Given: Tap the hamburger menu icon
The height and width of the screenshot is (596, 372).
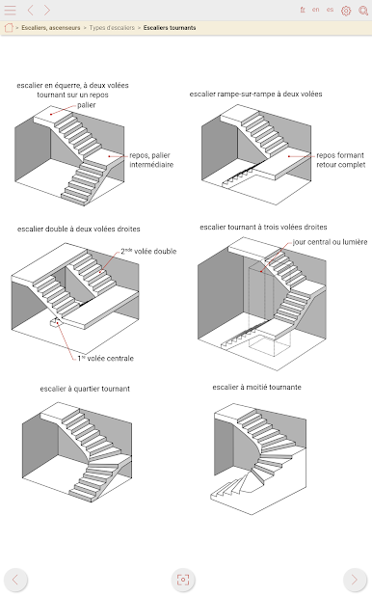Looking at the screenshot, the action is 10,11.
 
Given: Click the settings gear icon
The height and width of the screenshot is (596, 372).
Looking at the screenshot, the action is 346,11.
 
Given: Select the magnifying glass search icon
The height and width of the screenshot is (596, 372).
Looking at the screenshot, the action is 363,11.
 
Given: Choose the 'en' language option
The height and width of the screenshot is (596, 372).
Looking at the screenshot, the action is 316,10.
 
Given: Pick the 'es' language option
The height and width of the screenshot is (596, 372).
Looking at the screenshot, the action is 330,10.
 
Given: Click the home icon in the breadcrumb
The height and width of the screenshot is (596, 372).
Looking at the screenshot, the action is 9,27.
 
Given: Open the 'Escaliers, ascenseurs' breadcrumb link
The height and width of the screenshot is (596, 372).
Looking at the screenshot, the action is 51,28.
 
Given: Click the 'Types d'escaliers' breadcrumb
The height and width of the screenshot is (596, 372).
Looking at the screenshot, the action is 112,28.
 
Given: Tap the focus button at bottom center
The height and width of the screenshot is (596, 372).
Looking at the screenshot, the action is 183,580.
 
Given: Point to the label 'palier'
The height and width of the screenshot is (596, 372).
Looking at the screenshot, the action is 87,105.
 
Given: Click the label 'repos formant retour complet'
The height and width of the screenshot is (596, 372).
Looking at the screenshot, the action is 341,160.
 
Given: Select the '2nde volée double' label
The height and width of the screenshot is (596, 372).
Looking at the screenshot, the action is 148,252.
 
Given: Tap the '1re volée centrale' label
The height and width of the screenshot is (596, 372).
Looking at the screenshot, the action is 106,358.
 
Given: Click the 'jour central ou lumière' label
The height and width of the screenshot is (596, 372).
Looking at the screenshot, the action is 330,242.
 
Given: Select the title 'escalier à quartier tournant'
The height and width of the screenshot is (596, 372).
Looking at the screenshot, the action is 85,389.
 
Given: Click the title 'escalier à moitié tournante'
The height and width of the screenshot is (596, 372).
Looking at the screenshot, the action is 257,388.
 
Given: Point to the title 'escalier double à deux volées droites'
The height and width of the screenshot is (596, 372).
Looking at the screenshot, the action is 79,230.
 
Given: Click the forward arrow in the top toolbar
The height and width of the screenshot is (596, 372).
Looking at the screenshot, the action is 46,11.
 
